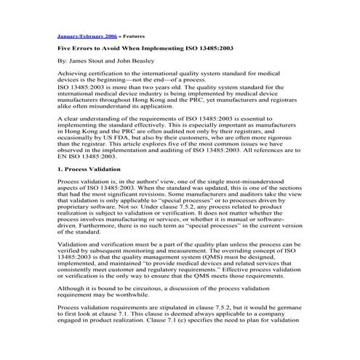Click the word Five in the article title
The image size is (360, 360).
(x=64, y=47)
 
